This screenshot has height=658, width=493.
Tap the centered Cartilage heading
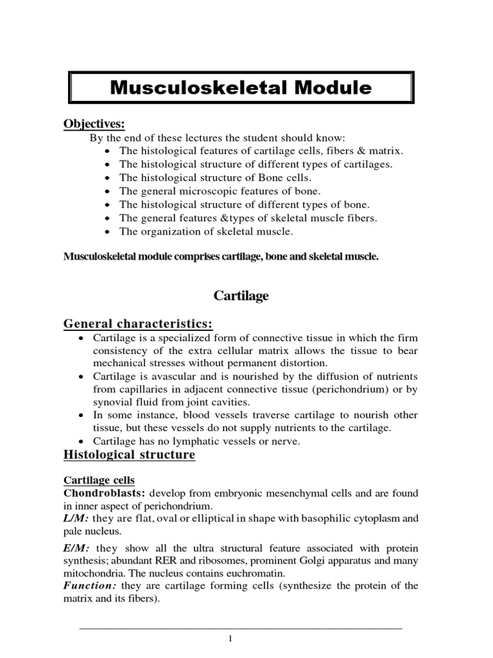(241, 296)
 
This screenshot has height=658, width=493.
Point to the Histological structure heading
(128, 456)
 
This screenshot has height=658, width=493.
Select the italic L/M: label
(74, 519)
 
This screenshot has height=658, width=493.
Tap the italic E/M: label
(75, 547)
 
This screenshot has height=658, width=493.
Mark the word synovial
(112, 402)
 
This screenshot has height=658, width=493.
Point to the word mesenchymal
(303, 493)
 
